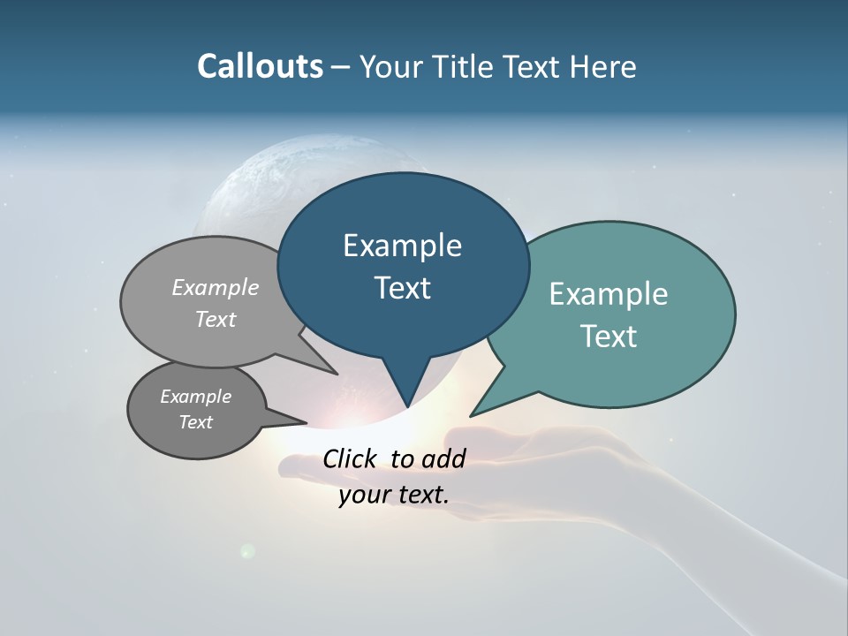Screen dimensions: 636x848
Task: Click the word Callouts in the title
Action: point(260,66)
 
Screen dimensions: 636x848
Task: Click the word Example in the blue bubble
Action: point(402,246)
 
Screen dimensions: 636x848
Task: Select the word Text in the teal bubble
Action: point(609,337)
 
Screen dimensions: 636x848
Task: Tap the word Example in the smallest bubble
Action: point(195,397)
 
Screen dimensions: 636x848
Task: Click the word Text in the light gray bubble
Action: point(216,319)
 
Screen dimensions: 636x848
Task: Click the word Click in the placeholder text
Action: point(351,458)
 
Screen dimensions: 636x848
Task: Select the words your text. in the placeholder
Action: point(394,495)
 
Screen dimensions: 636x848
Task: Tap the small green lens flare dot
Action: point(248,551)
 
